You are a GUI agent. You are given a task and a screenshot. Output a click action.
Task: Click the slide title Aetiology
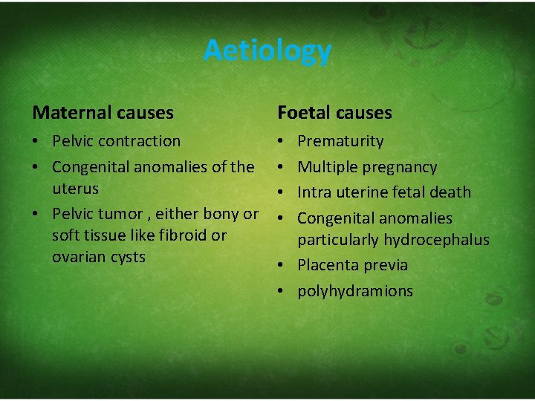point(267,51)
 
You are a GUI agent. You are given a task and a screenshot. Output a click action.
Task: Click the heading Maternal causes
point(103,113)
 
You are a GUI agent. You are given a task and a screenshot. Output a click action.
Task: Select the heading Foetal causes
point(334,113)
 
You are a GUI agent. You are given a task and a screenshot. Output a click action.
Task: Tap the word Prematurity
point(340,141)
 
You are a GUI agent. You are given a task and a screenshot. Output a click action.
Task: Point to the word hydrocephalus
point(439,240)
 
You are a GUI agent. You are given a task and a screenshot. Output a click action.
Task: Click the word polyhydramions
point(355,291)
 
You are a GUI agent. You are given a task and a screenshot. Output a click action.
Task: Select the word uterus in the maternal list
point(75,189)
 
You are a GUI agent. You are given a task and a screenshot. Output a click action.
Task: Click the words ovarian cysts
point(99,257)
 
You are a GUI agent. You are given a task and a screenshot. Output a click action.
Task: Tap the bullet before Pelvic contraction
point(37,141)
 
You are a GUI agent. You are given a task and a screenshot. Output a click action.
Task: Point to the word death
point(452,192)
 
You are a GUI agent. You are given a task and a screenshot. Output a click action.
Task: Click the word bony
point(220,214)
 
